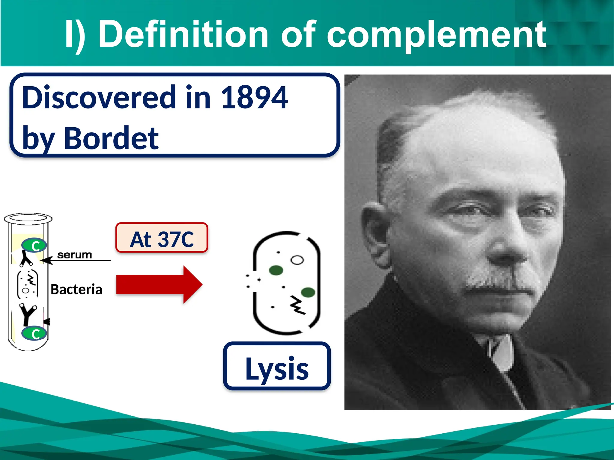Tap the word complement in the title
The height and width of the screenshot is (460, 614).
[436, 34]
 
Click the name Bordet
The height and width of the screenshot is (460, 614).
[111, 138]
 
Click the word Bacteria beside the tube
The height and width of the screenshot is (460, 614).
[76, 289]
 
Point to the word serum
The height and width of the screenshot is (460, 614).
[74, 255]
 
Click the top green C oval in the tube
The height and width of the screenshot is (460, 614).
[34, 246]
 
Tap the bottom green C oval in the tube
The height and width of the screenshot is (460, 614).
[34, 334]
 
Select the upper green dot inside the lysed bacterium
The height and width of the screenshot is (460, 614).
[276, 270]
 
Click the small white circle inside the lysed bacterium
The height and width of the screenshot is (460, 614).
[297, 260]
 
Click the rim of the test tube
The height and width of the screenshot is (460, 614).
[28, 219]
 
